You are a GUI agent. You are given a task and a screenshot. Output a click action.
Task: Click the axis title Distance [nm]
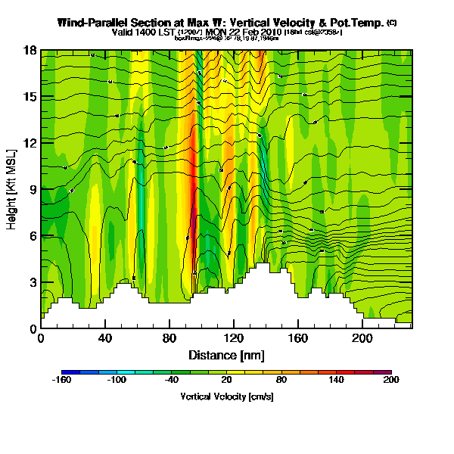coord(226,354)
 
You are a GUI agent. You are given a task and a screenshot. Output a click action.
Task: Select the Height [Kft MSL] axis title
coord(12,189)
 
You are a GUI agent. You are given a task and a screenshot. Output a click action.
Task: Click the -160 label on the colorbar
coord(62,381)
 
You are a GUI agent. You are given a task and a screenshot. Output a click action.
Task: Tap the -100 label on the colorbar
coord(116,381)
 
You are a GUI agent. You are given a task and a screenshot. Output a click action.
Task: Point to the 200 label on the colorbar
coord(390,381)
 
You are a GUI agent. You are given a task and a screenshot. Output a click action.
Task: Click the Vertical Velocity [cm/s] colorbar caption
coord(225,396)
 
